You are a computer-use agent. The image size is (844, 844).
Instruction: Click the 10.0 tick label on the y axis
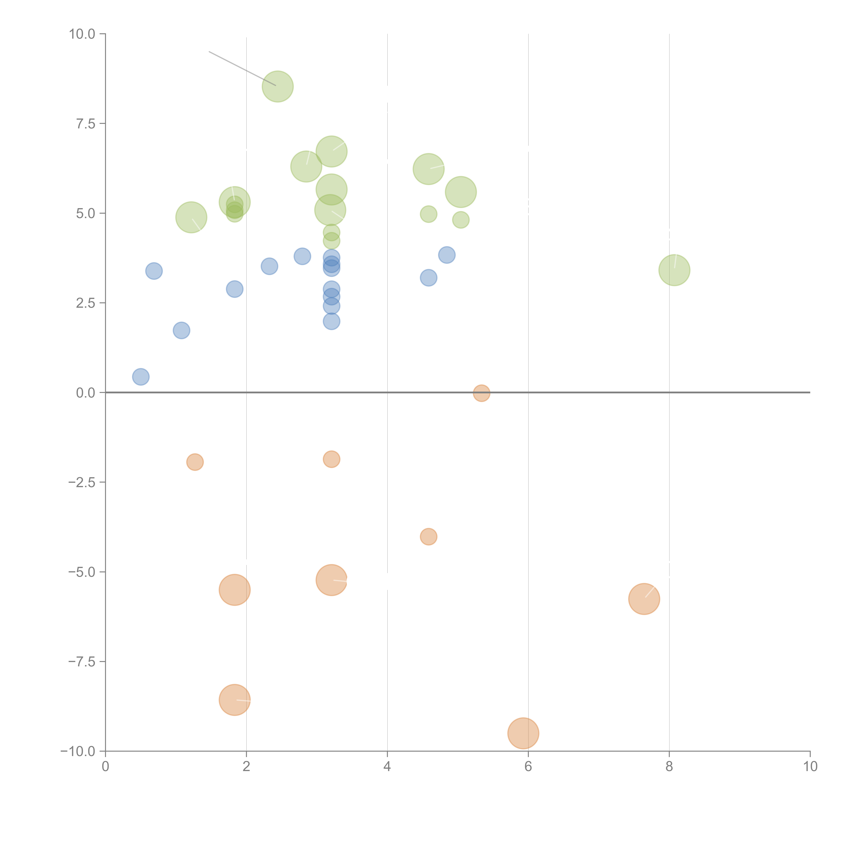[82, 34]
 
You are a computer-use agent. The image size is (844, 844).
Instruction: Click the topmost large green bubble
[278, 86]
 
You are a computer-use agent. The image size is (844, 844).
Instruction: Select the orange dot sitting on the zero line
[481, 393]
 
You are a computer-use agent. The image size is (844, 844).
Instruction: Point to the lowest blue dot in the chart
[141, 377]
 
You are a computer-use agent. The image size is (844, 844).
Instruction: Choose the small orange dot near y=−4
[429, 536]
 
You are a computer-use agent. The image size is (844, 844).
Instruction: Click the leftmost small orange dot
[195, 462]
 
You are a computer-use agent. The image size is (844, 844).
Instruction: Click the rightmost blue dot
[446, 255]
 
